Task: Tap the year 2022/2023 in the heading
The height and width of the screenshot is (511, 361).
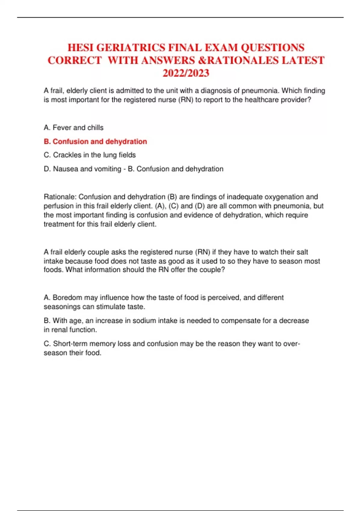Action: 186,73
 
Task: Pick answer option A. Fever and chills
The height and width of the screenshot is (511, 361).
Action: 73,127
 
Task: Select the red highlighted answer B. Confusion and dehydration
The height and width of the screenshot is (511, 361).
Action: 95,141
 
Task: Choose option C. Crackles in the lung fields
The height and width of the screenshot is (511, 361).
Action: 90,155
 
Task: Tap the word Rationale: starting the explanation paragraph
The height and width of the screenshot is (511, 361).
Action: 60,197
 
